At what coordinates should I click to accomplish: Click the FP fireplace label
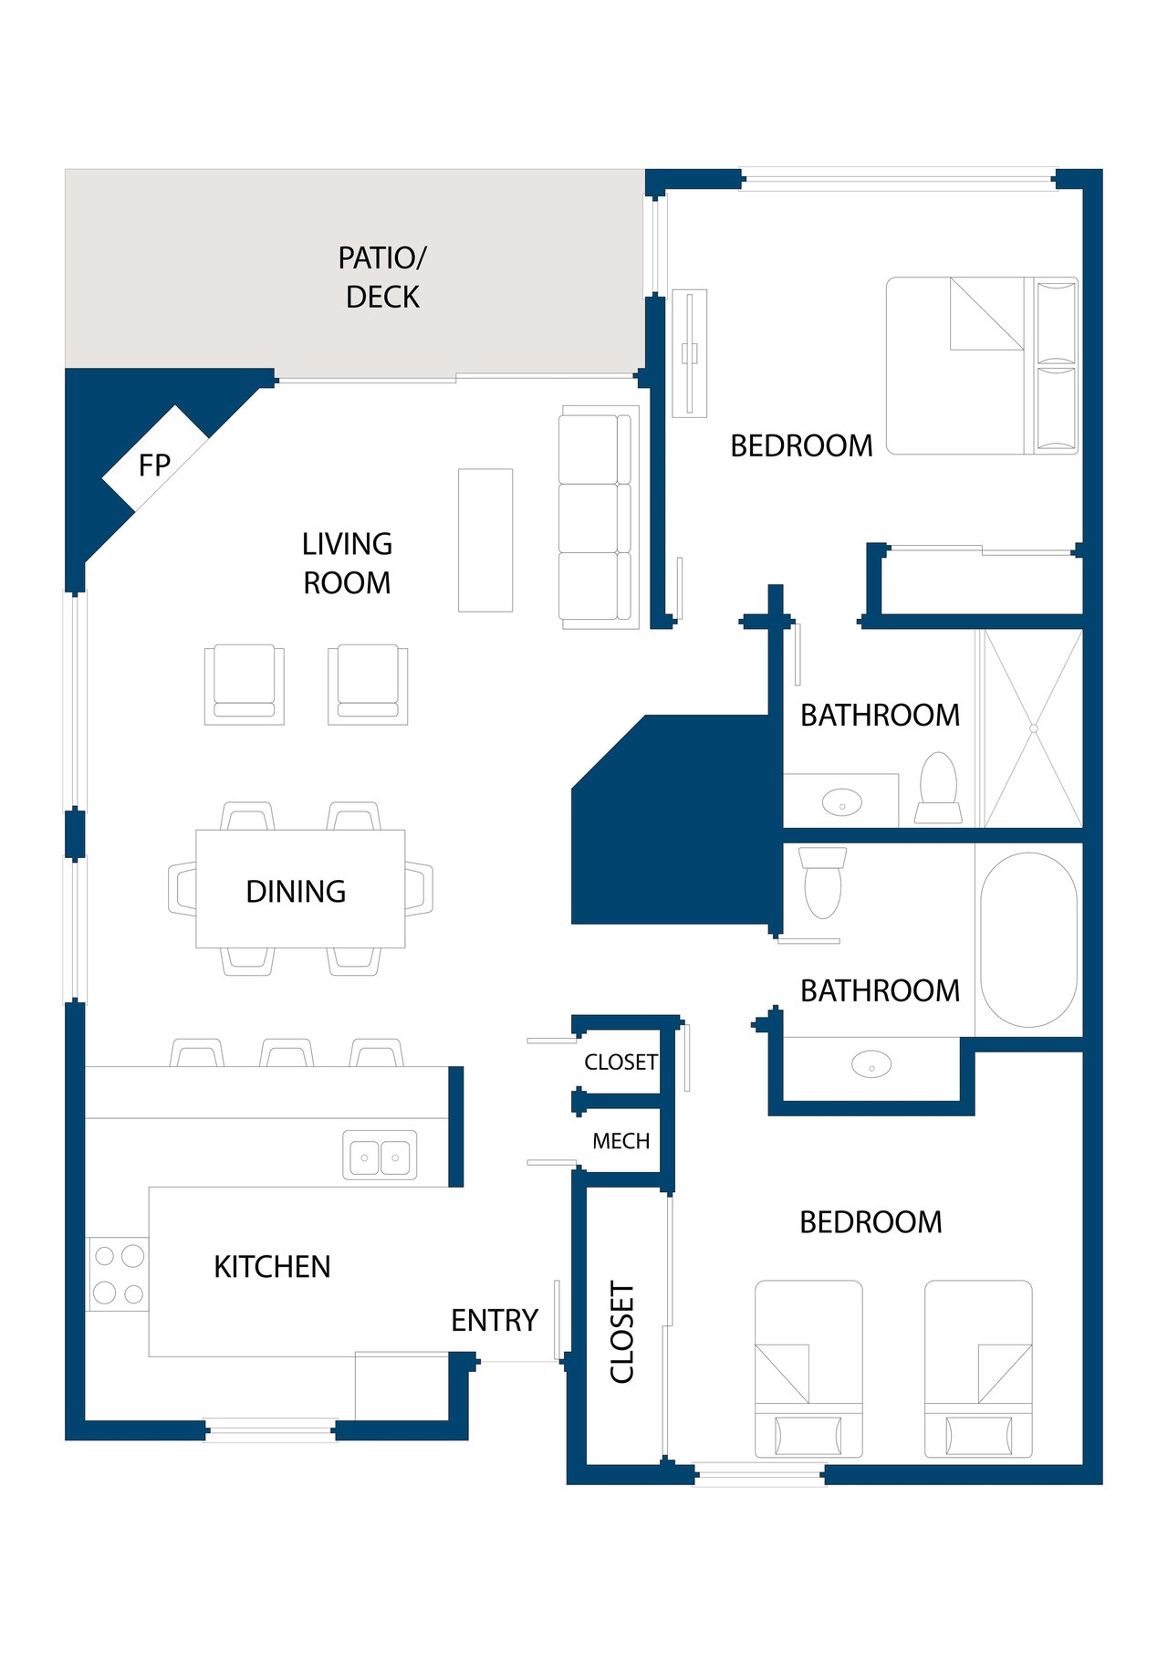[x=154, y=466]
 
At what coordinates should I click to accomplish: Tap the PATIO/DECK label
[x=382, y=277]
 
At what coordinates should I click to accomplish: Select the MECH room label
[x=621, y=1141]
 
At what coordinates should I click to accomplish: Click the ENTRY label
[x=495, y=1320]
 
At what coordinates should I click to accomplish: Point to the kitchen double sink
[x=380, y=1157]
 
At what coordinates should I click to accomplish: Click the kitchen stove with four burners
[x=118, y=1273]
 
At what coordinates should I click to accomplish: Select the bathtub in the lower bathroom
[x=1028, y=939]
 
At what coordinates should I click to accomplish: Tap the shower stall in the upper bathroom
[x=1033, y=728]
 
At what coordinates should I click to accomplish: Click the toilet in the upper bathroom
[x=938, y=788]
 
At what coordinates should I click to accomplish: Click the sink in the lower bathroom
[x=871, y=1064]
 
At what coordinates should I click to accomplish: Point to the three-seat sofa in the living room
[x=599, y=518]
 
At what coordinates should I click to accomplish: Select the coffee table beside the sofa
[x=485, y=539]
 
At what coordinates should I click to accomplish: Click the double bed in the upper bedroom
[x=982, y=365]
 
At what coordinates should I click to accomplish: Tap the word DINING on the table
[x=296, y=891]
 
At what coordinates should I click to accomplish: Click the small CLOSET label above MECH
[x=621, y=1062]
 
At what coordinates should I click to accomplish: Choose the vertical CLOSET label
[x=621, y=1332]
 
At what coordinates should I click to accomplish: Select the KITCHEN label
[x=272, y=1266]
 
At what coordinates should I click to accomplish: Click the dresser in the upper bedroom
[x=690, y=353]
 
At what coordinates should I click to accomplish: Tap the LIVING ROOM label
[x=347, y=563]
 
